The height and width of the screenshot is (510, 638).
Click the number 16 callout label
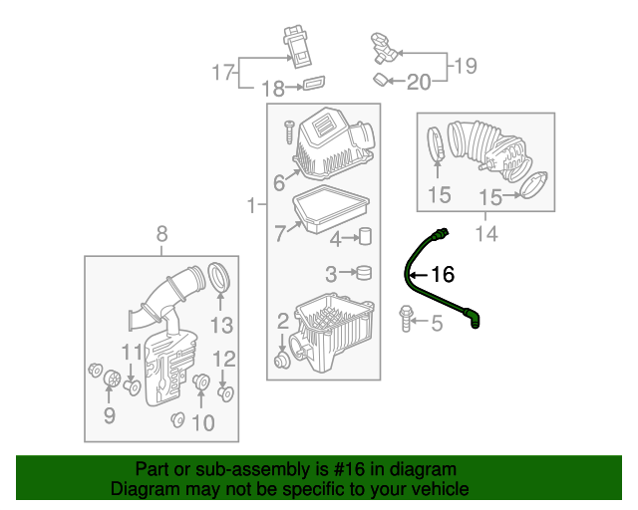click(442, 273)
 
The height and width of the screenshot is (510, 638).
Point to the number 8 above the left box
click(161, 235)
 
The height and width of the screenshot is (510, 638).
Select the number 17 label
click(221, 72)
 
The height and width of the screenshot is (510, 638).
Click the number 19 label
click(465, 66)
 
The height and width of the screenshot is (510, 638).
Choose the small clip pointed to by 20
click(382, 79)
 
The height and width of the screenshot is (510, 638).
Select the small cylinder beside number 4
click(365, 237)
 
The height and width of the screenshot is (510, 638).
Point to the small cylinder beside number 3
click(365, 272)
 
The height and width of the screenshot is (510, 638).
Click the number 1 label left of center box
click(251, 206)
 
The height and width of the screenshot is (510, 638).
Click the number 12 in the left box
click(225, 359)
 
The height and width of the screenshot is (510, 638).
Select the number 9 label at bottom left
click(110, 414)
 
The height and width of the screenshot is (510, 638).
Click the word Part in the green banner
click(152, 469)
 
